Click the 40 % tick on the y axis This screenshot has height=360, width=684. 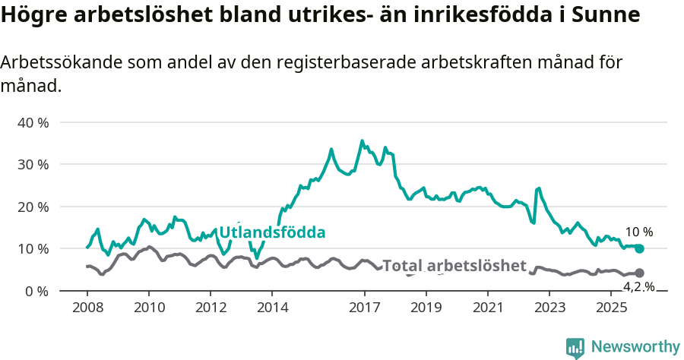click(33, 122)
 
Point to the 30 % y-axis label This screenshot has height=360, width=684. click(33, 165)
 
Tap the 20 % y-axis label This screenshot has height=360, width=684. click(33, 207)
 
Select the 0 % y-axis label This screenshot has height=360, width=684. click(36, 291)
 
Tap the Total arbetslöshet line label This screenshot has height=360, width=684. click(454, 266)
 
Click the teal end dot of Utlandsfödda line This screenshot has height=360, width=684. click(639, 248)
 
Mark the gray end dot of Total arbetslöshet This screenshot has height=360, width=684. click(639, 273)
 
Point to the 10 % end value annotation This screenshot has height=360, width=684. click(638, 232)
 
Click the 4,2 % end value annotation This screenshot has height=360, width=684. click(638, 286)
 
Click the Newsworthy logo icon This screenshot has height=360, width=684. click(575, 347)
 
